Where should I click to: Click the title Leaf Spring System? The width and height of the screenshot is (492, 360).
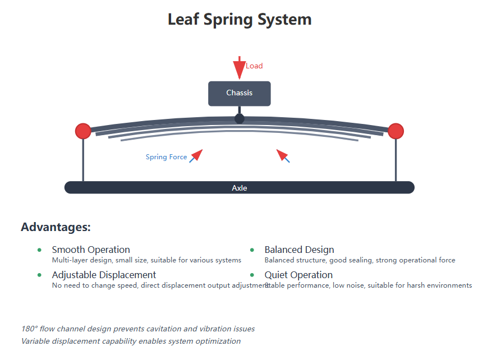(240, 20)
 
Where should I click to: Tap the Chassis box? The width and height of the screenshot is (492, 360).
(240, 93)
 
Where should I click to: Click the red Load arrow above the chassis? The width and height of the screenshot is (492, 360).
(240, 68)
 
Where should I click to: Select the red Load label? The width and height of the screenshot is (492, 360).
(254, 66)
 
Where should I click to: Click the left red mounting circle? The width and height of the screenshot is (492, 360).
(83, 131)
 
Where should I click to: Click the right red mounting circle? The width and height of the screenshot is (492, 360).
(396, 131)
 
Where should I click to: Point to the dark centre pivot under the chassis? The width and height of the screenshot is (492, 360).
(240, 118)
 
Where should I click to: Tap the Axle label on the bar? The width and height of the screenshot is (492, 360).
(240, 188)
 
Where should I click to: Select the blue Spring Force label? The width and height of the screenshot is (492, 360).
(166, 157)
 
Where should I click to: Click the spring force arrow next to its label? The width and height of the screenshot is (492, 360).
(196, 155)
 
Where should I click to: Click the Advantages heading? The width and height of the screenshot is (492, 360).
(56, 227)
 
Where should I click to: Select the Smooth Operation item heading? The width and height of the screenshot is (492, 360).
(91, 250)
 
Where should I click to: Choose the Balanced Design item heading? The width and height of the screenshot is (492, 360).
(299, 250)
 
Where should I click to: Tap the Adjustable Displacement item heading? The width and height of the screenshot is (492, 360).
(104, 275)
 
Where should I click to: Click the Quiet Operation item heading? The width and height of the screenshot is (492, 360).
(298, 275)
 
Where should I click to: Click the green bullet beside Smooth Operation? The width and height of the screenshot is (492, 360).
(39, 250)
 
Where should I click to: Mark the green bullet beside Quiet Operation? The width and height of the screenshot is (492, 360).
(252, 275)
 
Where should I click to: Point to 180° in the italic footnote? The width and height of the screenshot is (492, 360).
(29, 329)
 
